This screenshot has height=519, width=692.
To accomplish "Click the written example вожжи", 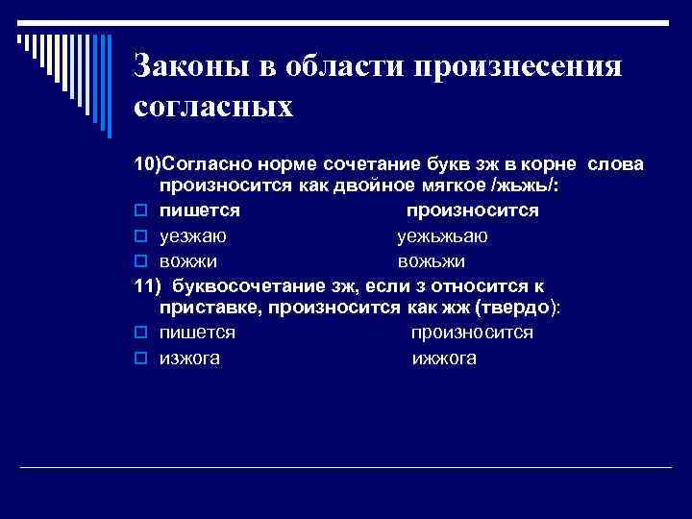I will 188,259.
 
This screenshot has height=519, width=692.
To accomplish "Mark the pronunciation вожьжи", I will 432,259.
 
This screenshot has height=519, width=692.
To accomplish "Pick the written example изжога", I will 189,359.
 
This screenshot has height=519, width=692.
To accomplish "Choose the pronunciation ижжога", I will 444,359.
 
